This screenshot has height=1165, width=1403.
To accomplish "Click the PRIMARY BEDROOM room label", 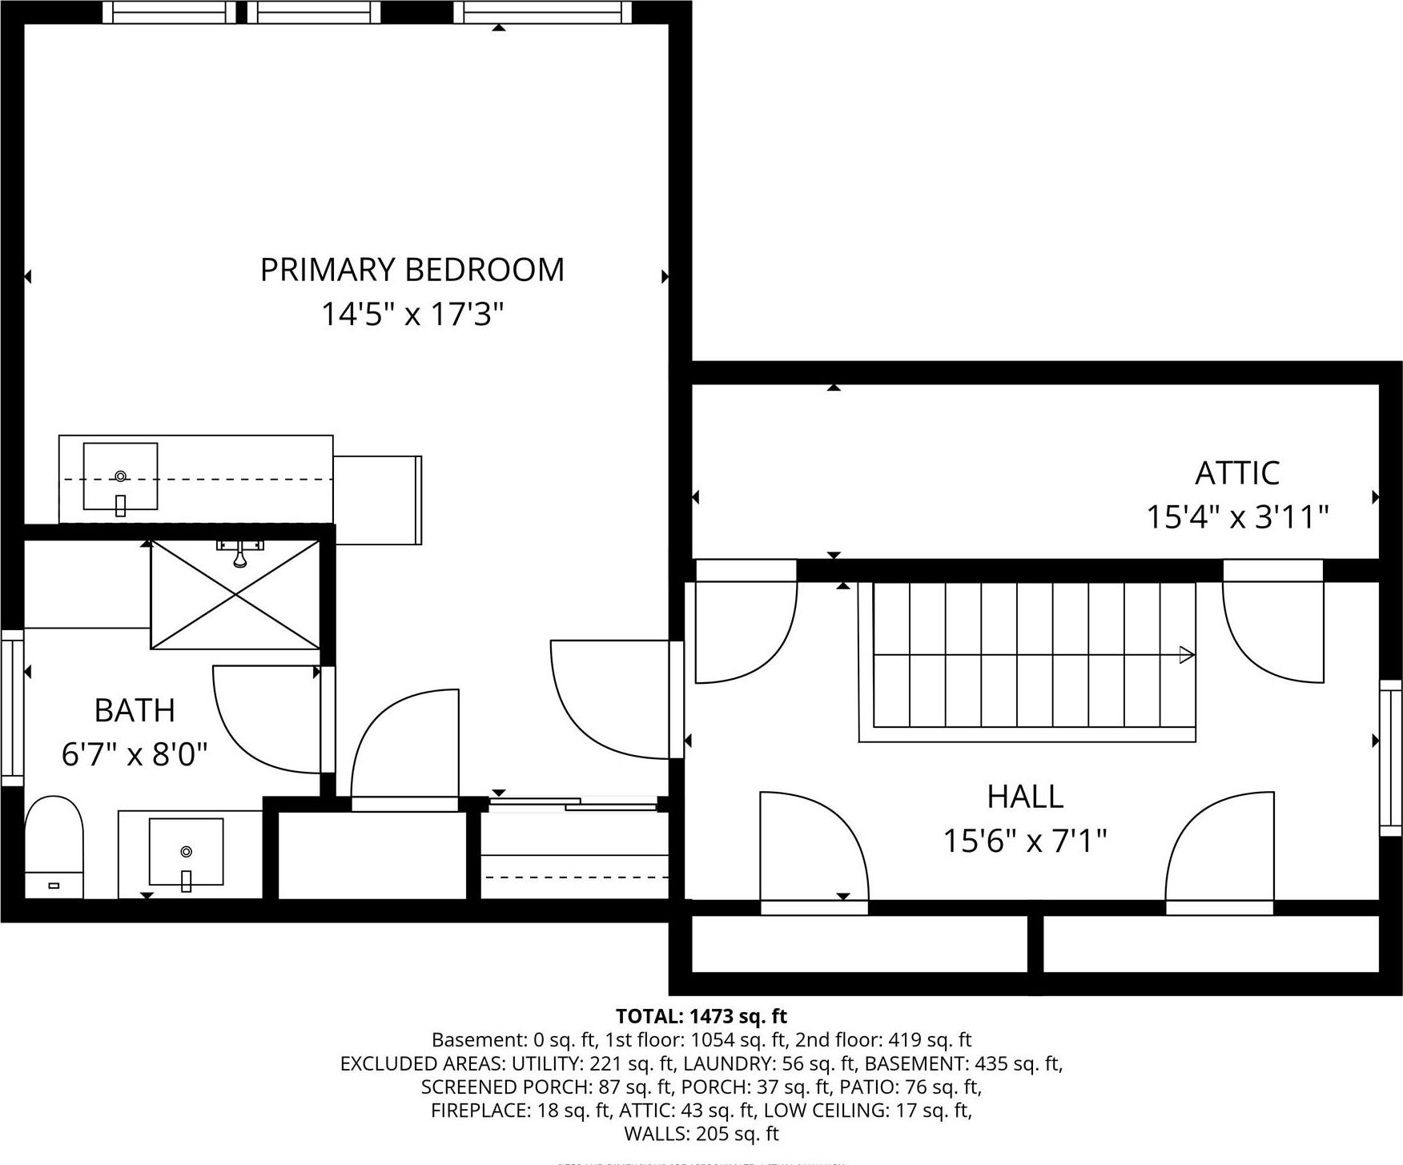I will tap(412, 270).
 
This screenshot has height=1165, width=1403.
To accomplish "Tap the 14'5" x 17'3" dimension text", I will tap(412, 314).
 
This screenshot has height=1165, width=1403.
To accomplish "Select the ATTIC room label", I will tap(1236, 473).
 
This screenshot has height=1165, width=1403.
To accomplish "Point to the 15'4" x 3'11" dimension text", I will tap(1236, 516).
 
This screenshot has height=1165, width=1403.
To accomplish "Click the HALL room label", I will tap(1024, 797).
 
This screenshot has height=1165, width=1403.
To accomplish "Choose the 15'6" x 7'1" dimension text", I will tap(1024, 841).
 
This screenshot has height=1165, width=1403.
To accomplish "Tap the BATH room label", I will tap(135, 710).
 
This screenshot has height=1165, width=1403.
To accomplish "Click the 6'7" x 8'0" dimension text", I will tap(135, 753).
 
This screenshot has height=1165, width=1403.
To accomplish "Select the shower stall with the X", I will tap(235, 594).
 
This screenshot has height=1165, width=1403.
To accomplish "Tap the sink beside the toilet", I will tap(186, 852).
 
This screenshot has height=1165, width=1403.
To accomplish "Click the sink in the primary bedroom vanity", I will tap(120, 476).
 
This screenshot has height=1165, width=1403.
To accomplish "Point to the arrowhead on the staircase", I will tap(1186, 655).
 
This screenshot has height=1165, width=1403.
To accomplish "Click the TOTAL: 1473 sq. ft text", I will tap(701, 1016).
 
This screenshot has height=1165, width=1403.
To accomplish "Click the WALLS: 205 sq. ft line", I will tap(701, 1133).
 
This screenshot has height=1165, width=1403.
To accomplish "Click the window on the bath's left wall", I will tap(12, 708).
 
